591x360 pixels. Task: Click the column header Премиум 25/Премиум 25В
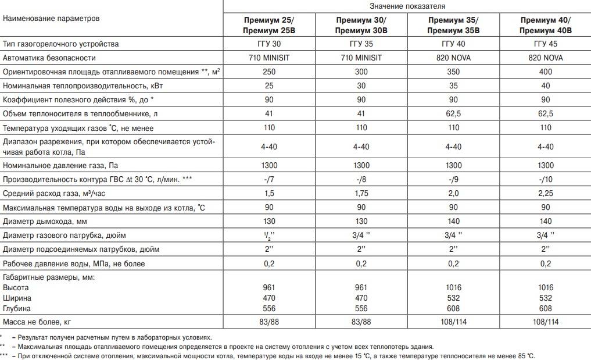point(268,25)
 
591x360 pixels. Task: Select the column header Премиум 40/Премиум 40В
point(546,25)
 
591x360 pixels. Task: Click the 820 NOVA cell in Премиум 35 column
point(453,58)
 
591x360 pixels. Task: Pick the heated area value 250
point(268,72)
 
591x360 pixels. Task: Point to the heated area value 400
point(546,72)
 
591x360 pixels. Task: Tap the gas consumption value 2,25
point(546,193)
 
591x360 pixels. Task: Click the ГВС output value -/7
point(268,179)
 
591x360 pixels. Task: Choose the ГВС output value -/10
point(546,179)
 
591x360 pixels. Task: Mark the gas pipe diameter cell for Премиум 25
point(268,236)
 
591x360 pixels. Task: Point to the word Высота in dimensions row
point(16,287)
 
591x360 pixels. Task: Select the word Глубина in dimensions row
point(17,308)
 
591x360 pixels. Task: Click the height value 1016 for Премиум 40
point(546,287)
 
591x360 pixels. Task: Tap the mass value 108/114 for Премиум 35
point(453,322)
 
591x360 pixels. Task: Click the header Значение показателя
point(407,6)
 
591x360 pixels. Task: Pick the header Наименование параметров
point(51,18)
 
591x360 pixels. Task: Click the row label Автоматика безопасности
point(49,58)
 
